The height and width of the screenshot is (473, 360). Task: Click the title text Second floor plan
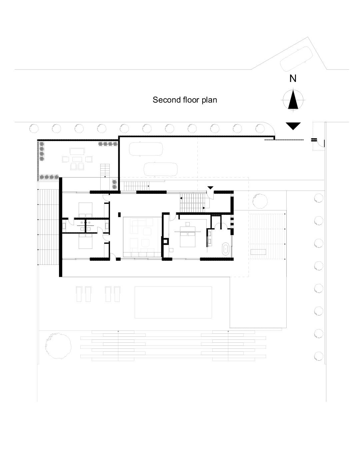[x=185, y=100]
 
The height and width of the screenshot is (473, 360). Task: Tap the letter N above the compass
[x=293, y=78]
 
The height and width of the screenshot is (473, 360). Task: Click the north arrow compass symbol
[x=293, y=100]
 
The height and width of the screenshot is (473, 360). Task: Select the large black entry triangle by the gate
[x=293, y=126]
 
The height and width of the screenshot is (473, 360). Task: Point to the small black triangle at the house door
[x=210, y=188]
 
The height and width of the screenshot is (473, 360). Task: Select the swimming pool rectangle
[x=173, y=302]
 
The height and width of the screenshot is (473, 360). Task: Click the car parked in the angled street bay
[x=296, y=59]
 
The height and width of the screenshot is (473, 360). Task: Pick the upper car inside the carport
[x=146, y=149]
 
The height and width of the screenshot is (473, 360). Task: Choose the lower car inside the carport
[x=161, y=169]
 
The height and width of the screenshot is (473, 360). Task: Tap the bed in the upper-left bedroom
[x=85, y=210]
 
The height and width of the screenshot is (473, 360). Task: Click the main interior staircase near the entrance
[x=192, y=203]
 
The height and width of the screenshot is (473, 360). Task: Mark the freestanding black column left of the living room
[x=119, y=215]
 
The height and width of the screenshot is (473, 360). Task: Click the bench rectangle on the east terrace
[x=258, y=252]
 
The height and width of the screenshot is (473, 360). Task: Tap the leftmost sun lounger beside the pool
[x=79, y=294]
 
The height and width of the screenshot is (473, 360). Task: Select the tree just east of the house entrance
[x=260, y=201]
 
